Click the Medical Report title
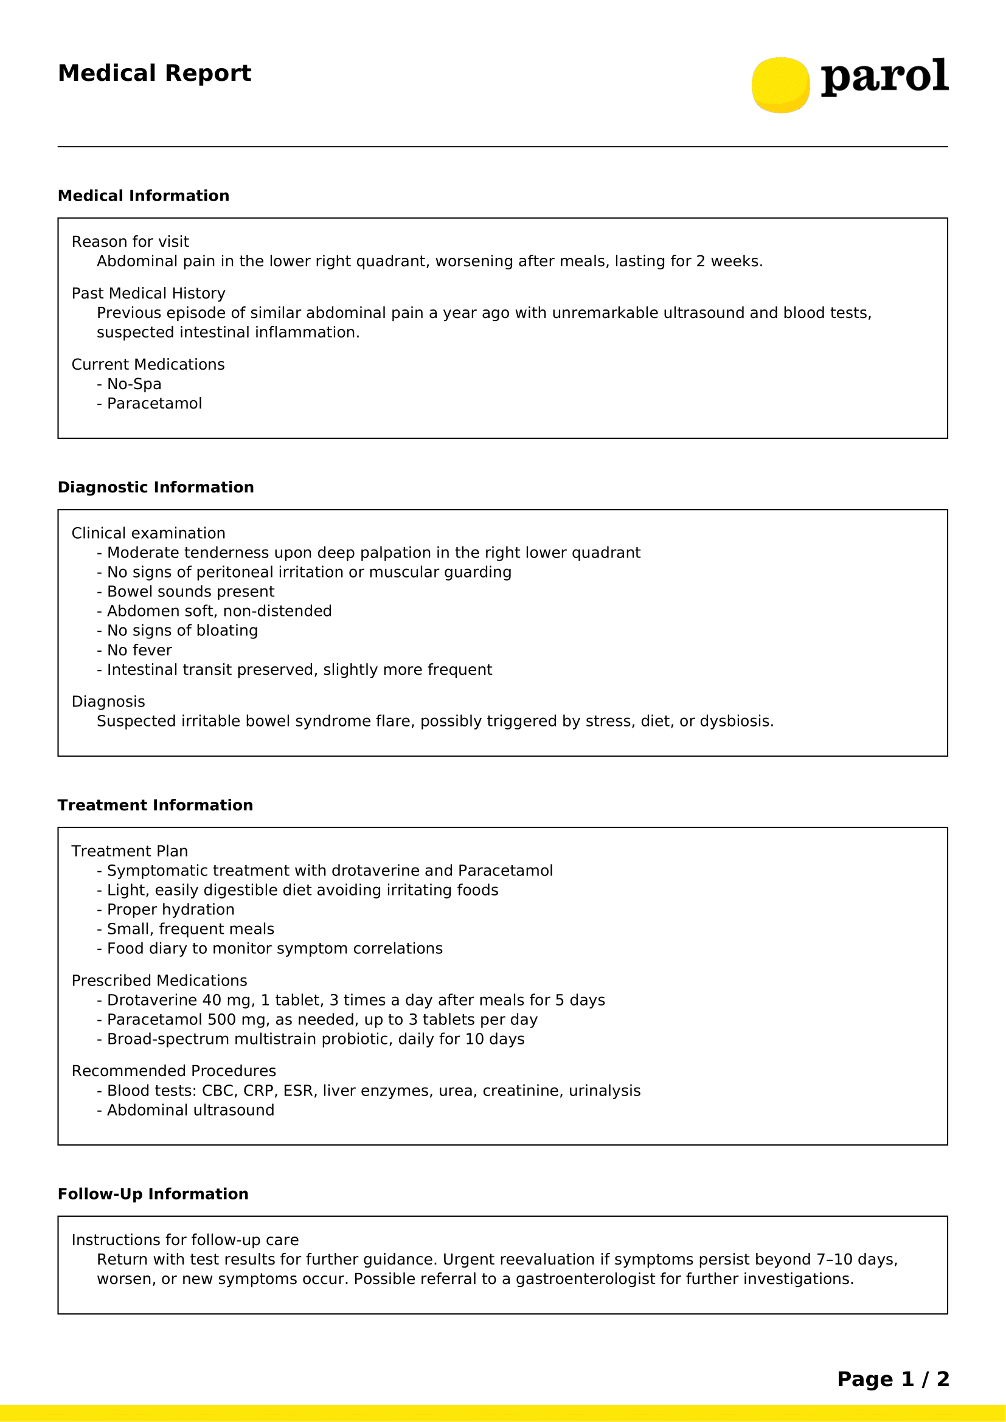[154, 73]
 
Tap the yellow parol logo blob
[780, 85]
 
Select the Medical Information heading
[143, 196]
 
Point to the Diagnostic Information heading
[156, 488]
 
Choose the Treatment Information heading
[155, 805]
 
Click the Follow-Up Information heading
[153, 1194]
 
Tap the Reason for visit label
[130, 241]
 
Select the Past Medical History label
[148, 293]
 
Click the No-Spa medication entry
[134, 384]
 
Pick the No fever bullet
[139, 651]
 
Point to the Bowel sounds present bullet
[190, 592]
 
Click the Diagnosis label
[108, 702]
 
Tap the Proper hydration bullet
[170, 909]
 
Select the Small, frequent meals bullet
[190, 929]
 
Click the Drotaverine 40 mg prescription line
[356, 1000]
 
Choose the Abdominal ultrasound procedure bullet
[190, 1110]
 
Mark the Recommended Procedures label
[173, 1071]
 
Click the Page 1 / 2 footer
[893, 1379]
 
